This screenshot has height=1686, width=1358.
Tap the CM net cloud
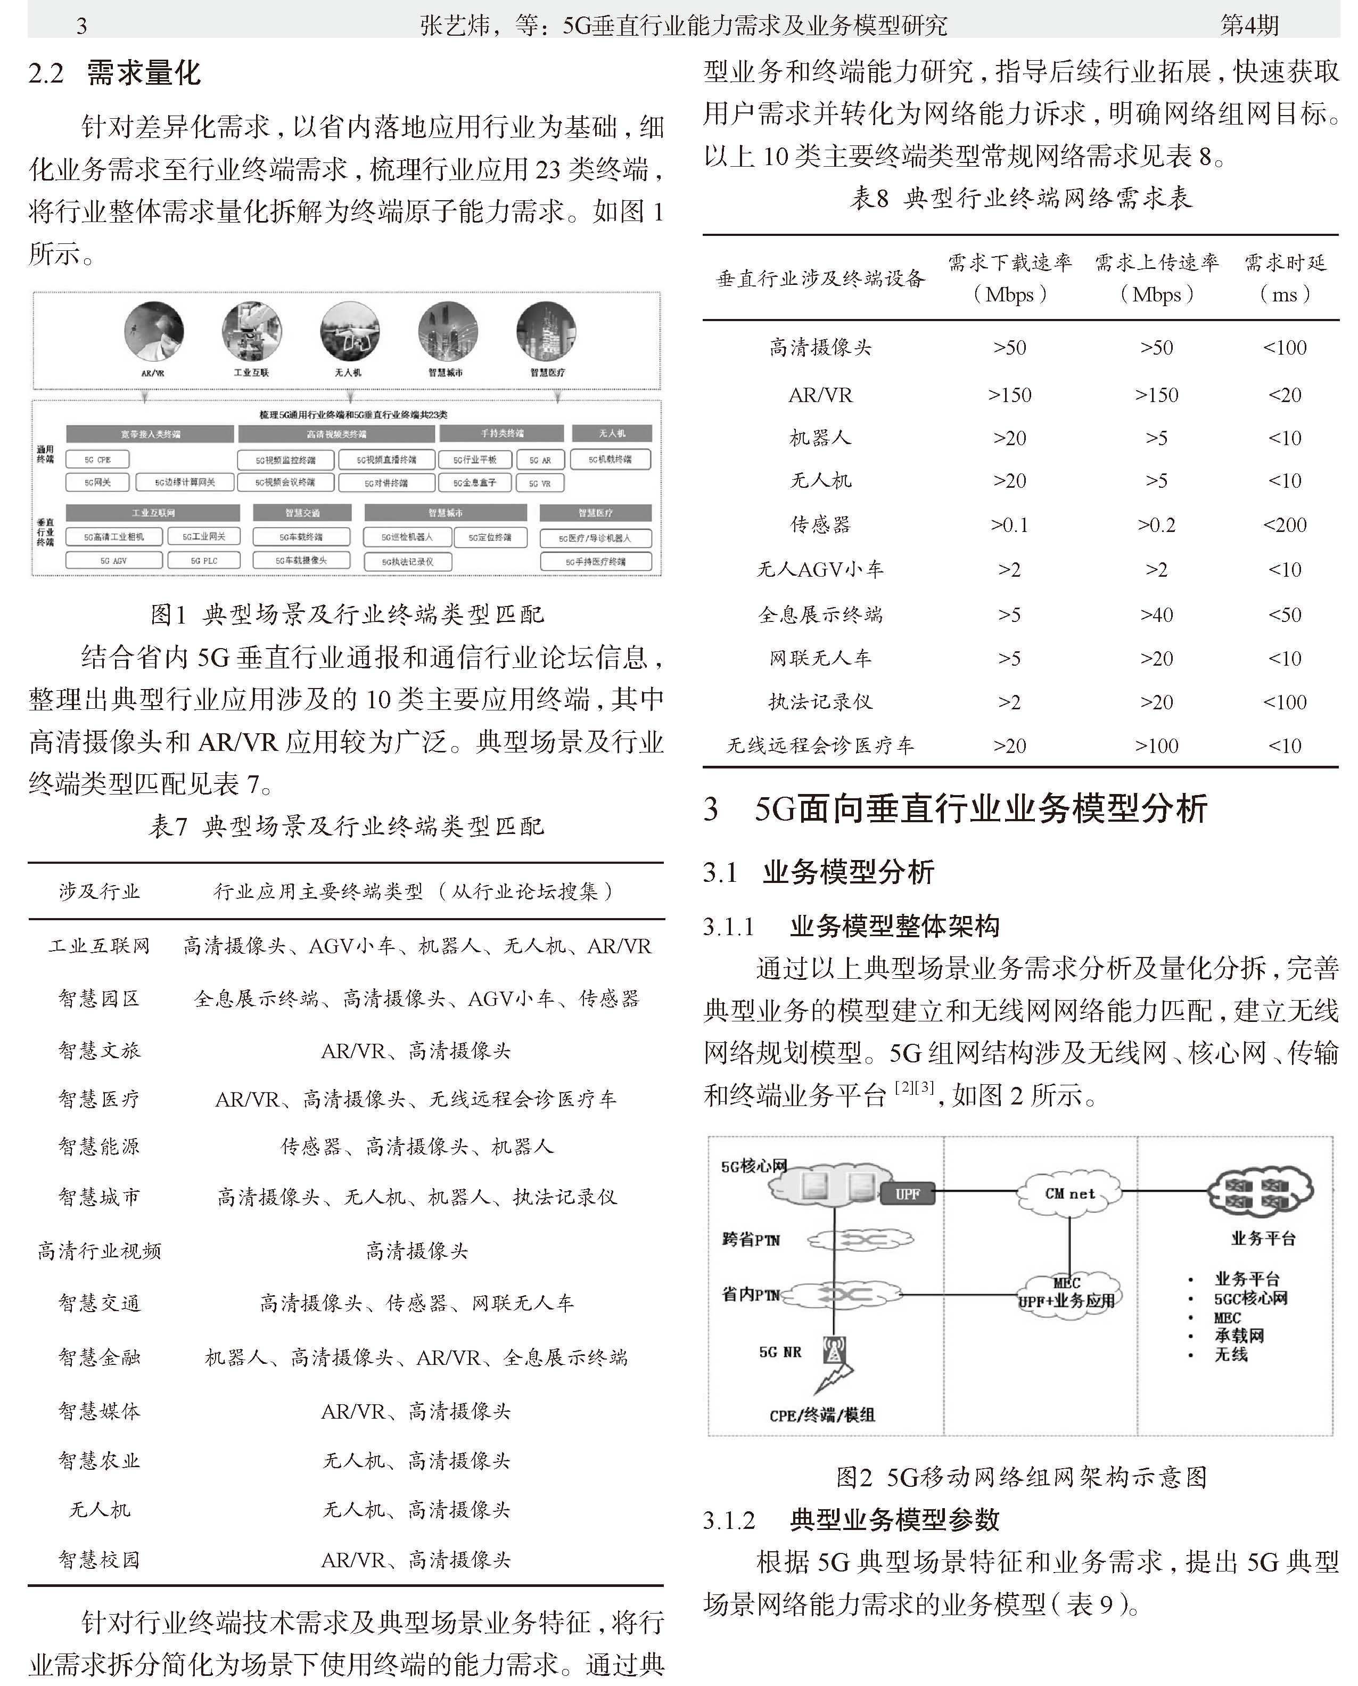1069,1194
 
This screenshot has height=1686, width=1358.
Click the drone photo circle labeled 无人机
349,332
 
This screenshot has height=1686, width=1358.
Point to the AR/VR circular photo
153,332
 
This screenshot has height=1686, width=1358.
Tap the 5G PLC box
204,561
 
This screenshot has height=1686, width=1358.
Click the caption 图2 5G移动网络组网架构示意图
1021,1477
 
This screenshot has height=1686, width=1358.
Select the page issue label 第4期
1249,25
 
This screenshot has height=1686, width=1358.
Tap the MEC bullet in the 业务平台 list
1227,1317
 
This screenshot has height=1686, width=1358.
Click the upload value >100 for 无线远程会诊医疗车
1156,746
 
